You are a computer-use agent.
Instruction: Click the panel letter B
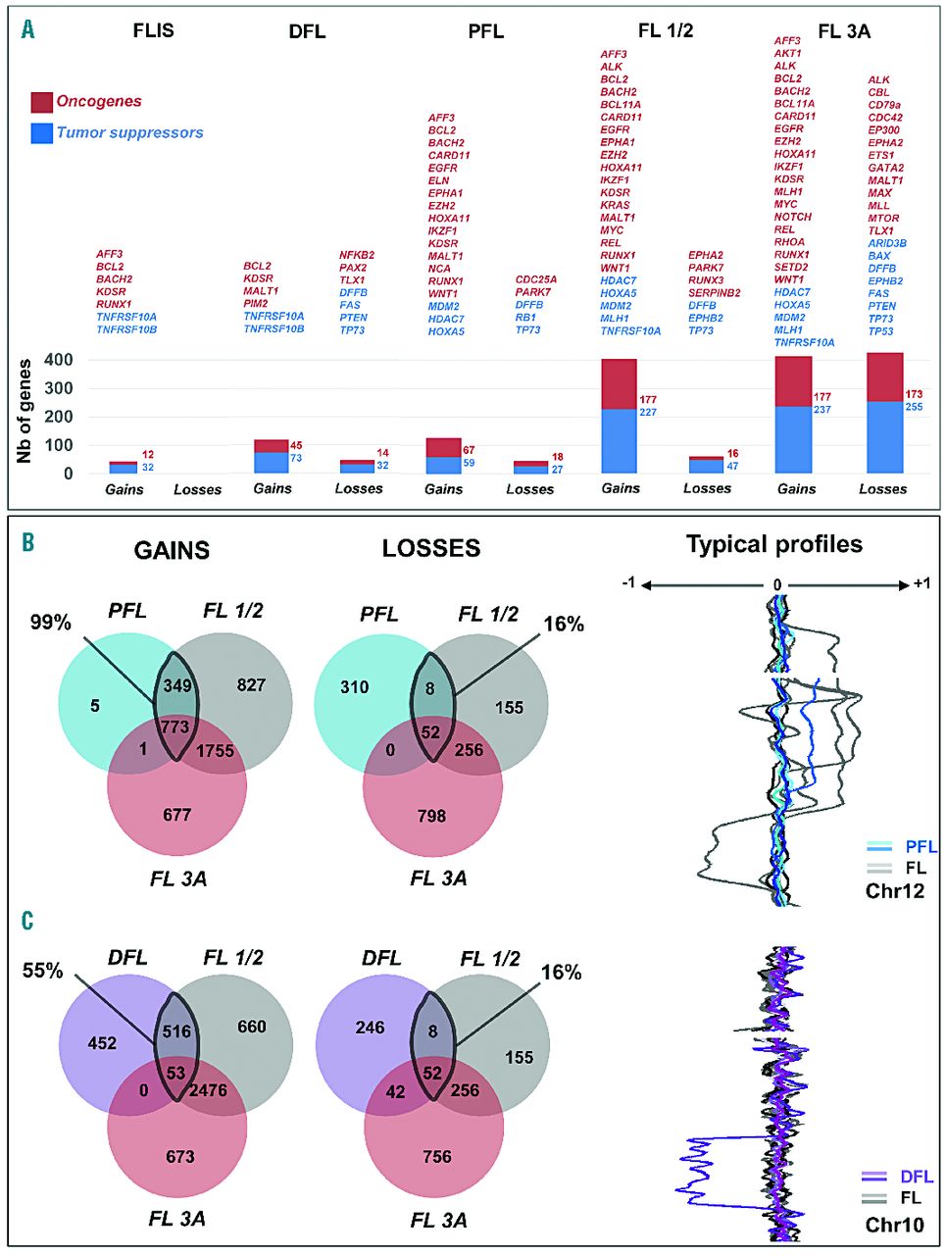(27, 541)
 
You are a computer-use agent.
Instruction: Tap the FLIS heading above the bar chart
(153, 30)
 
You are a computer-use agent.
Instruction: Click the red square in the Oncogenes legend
(42, 102)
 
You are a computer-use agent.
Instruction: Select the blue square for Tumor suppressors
(42, 133)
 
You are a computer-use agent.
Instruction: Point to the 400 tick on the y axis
(60, 360)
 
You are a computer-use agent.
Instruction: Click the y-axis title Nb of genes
(25, 411)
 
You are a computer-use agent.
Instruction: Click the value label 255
(914, 406)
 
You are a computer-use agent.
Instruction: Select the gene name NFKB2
(357, 255)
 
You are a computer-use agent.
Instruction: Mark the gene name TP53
(880, 331)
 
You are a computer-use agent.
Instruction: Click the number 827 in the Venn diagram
(251, 684)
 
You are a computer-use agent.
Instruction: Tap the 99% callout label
(50, 622)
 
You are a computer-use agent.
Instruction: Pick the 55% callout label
(43, 971)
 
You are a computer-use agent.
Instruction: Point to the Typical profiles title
(774, 544)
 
